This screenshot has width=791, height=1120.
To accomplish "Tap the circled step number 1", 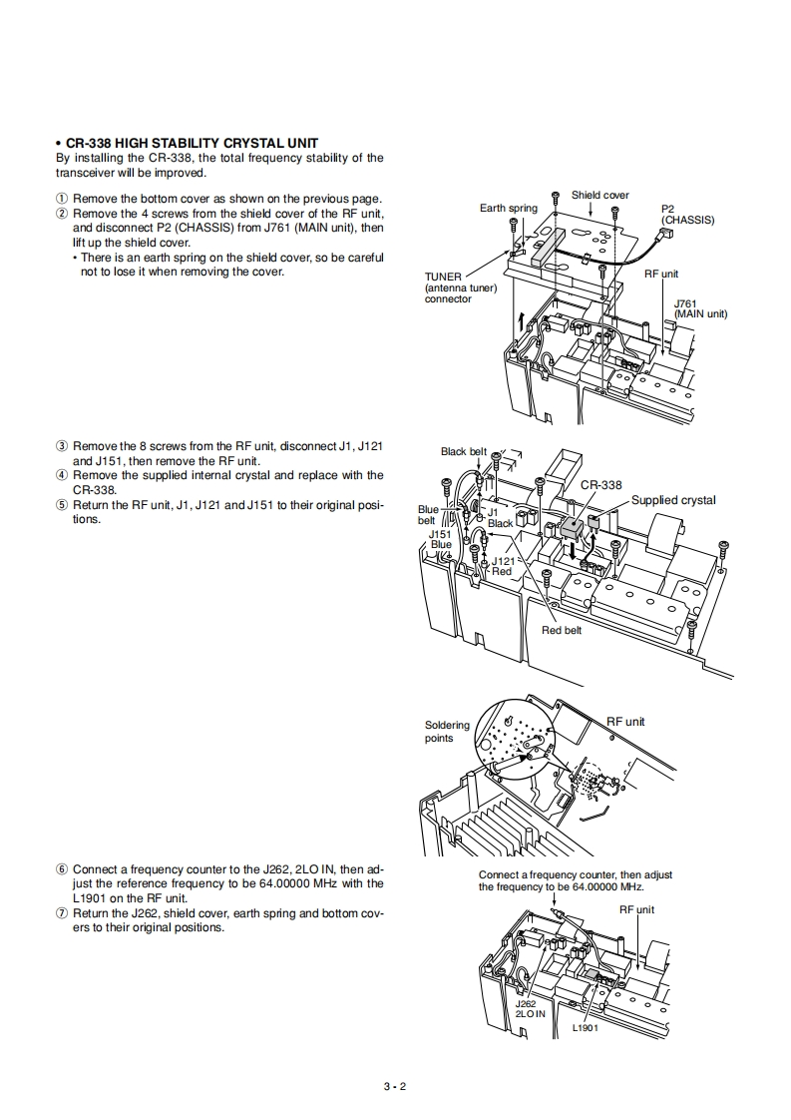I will tap(62, 199).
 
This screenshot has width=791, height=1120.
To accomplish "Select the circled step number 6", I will tap(62, 869).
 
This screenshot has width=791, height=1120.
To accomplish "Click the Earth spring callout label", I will tap(508, 208).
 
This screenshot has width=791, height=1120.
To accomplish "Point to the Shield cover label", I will tap(599, 195).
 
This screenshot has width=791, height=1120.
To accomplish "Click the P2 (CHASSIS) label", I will tap(687, 215).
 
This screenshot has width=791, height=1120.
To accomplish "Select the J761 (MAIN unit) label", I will tap(700, 308).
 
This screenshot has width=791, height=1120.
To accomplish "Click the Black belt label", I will tap(463, 451).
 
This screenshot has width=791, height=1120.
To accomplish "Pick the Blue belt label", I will tap(427, 515).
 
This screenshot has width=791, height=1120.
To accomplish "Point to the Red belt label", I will tap(562, 630).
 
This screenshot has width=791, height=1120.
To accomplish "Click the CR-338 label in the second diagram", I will tap(600, 485).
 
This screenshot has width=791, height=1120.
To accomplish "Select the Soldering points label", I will tap(447, 732).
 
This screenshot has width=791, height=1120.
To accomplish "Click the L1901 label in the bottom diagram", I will tap(586, 1028).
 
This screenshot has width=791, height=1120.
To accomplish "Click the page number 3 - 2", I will tap(395, 1087).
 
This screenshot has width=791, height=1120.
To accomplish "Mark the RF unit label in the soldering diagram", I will tap(625, 722).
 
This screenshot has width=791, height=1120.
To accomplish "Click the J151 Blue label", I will tap(440, 539).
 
